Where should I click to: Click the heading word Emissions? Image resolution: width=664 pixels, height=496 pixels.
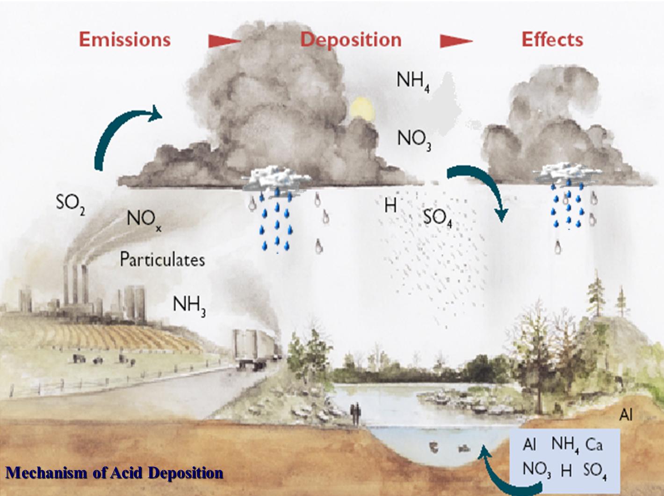point(124,39)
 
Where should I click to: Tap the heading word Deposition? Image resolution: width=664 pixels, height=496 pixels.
point(351,39)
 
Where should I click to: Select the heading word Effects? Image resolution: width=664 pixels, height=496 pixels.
point(552,39)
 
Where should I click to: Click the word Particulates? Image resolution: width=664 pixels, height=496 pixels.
point(162,259)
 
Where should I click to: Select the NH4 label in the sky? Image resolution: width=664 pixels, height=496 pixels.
point(413,81)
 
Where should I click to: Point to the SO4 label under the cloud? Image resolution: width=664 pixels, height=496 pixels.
point(437,217)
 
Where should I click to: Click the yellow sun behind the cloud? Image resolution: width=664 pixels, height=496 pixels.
point(362,107)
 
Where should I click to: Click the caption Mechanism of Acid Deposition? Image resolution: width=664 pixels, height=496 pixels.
point(114,472)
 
